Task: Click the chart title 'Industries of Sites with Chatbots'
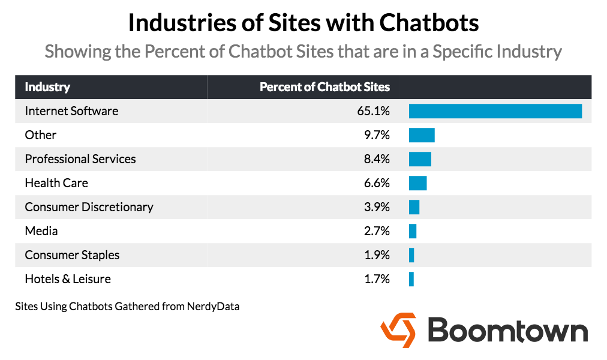point(303,23)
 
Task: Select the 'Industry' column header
point(47,87)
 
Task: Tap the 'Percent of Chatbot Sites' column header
point(324,87)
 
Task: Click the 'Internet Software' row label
point(71,111)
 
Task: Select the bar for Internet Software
point(495,111)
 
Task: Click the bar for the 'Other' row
point(422,135)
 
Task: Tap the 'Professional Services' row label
point(80,159)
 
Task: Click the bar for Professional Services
point(420,159)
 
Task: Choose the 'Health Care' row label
point(56,183)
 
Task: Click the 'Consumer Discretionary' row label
point(89,207)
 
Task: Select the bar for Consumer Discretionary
point(414,207)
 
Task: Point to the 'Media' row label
point(41,231)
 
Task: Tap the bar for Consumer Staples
point(411,255)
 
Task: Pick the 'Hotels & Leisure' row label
point(68,279)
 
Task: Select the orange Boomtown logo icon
point(398,331)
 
